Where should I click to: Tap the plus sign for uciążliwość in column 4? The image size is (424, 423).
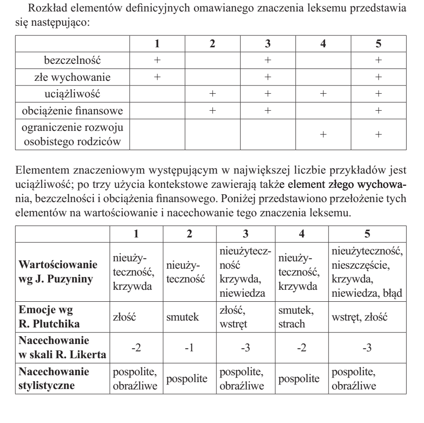click(x=323, y=94)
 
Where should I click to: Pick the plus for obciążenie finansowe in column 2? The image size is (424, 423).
click(x=212, y=111)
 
